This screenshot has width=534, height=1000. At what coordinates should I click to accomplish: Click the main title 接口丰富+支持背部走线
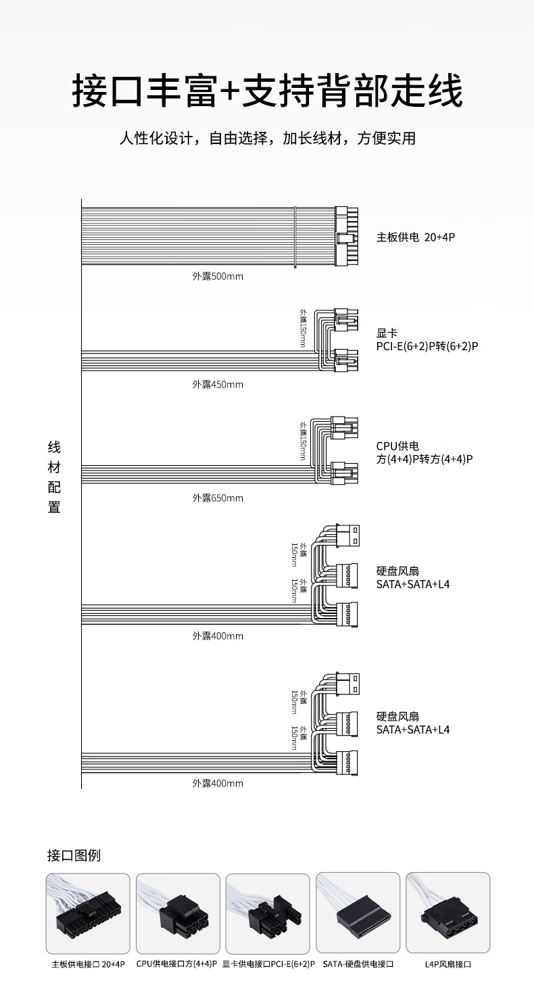267,91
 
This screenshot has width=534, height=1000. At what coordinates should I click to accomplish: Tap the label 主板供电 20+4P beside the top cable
416,237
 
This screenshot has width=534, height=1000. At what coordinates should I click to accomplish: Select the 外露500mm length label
218,277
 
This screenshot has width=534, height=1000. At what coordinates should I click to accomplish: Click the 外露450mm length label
218,384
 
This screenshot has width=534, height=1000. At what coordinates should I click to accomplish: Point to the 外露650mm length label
218,498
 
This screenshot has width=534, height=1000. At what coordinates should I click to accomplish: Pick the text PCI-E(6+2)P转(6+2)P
427,346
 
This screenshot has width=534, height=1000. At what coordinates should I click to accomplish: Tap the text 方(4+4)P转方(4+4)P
424,459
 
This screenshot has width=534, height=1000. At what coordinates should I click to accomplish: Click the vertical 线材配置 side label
54,477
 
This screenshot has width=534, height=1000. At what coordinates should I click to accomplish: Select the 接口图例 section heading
74,855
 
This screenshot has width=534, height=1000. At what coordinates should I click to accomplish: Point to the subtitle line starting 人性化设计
267,139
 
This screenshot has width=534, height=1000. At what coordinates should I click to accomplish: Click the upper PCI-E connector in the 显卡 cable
347,320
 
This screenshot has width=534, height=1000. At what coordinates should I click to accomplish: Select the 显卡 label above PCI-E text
387,333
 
